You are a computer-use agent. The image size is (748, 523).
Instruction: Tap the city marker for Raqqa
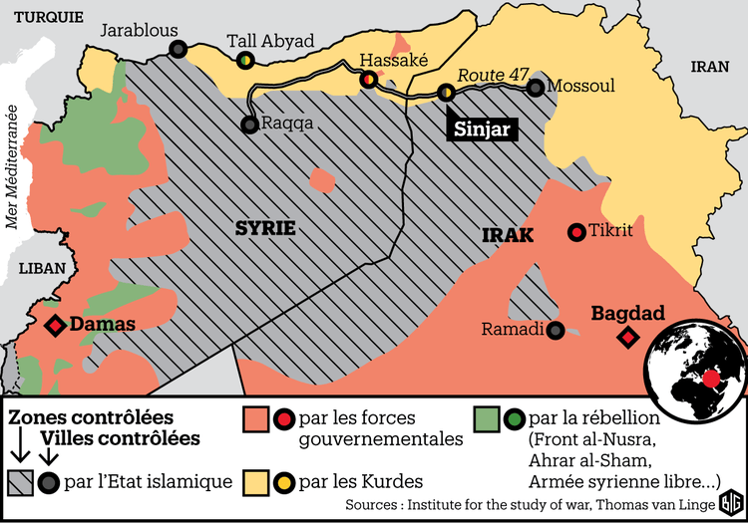248,125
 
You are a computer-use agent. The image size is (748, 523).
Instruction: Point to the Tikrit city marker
575,232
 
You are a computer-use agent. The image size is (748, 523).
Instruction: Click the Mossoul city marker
536,87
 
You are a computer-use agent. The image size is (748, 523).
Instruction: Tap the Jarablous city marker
178,49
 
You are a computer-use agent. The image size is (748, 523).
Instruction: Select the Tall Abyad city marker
244,61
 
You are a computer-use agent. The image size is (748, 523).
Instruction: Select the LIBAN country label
41,269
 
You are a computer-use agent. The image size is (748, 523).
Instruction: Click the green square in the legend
486,418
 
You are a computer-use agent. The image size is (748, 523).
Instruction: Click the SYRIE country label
265,227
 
